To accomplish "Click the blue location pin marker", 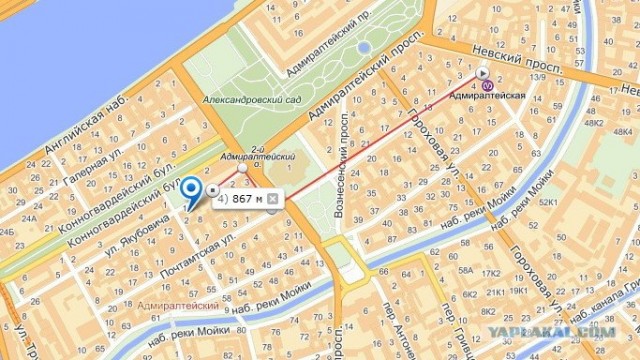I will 190,189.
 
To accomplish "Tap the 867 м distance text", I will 246,199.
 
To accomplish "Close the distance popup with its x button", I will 272,199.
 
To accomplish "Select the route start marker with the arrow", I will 482,72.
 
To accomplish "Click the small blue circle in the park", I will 363,46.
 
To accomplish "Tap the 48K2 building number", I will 594,126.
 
